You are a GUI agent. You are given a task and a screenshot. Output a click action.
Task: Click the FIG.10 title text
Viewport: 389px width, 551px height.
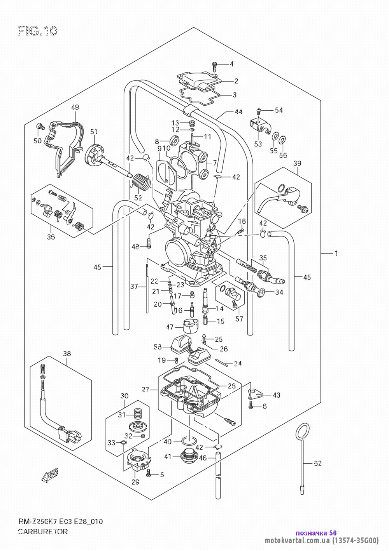[x=37, y=31]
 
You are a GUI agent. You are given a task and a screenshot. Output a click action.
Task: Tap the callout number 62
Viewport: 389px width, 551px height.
[x=317, y=463]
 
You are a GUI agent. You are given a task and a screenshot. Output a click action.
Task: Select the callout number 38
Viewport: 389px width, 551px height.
[x=67, y=353]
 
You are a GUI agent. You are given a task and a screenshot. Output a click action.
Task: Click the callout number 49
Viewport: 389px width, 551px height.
[x=75, y=107]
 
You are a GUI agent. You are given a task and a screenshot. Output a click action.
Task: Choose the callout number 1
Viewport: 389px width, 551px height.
[x=336, y=253]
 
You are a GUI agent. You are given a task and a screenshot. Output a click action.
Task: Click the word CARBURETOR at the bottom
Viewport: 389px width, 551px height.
[x=43, y=532]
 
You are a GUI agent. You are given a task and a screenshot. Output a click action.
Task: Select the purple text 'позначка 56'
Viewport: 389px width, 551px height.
[x=316, y=533]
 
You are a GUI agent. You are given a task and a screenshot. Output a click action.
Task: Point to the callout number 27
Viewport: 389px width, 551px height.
[x=145, y=389]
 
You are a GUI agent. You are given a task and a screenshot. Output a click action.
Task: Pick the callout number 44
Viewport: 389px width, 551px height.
[x=238, y=111]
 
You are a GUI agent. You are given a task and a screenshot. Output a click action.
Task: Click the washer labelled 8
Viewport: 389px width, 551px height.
[x=175, y=141]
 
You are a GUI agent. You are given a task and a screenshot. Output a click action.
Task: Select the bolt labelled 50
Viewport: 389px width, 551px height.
[x=40, y=126]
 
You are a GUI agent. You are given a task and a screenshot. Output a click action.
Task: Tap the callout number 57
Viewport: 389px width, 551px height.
[x=239, y=319]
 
